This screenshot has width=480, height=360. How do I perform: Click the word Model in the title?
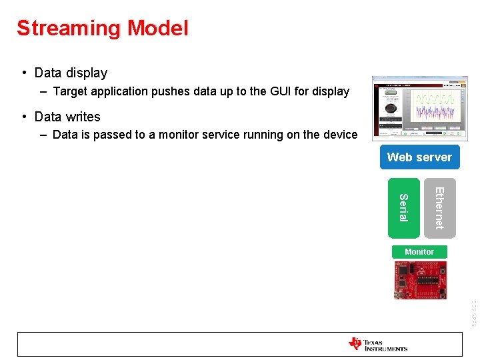[158, 28]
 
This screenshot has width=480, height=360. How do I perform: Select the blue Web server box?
[419, 157]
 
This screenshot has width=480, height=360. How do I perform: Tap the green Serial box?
[404, 207]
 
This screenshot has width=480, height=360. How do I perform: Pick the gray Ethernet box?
[440, 207]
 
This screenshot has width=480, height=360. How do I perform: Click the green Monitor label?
[419, 251]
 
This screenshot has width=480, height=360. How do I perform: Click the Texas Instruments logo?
[378, 344]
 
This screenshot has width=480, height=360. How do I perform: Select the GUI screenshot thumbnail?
[419, 109]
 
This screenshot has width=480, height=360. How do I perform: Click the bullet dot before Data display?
[23, 73]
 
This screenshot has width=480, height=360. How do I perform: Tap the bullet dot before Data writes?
[23, 117]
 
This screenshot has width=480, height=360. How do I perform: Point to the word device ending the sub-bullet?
[339, 135]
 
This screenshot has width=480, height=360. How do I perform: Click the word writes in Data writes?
[83, 117]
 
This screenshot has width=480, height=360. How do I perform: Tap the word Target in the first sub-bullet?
[71, 91]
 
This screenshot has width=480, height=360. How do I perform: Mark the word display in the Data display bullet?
[87, 73]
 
